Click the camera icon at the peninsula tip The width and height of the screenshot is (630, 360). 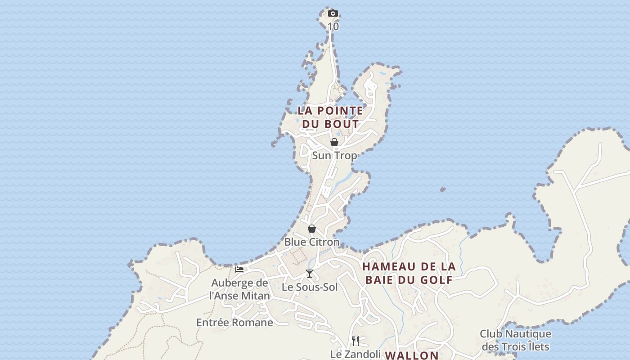pyautogui.click(x=333, y=13)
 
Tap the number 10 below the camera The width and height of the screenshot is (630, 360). pyautogui.click(x=333, y=27)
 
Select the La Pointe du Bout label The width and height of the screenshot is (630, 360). pyautogui.click(x=330, y=117)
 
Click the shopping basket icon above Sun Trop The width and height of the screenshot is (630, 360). pyautogui.click(x=334, y=142)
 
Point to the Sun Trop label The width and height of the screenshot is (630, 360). pyautogui.click(x=334, y=156)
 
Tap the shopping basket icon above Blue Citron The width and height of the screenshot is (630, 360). pyautogui.click(x=312, y=229)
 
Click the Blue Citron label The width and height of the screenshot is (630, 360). pyautogui.click(x=312, y=242)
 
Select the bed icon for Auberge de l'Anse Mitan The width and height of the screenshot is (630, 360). pyautogui.click(x=239, y=270)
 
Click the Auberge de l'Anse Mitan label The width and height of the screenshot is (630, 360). pyautogui.click(x=239, y=289)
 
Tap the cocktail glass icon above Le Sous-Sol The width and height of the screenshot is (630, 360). pyautogui.click(x=310, y=273)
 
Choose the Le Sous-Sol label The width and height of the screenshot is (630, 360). pyautogui.click(x=310, y=287)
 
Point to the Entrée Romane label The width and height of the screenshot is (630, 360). pyautogui.click(x=234, y=323)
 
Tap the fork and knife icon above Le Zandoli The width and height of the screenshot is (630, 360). pyautogui.click(x=355, y=341)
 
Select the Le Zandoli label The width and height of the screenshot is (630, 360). pyautogui.click(x=355, y=354)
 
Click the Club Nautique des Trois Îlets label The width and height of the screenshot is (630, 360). pyautogui.click(x=515, y=340)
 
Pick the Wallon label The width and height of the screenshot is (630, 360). pyautogui.click(x=412, y=355)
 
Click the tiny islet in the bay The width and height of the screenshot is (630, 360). pyautogui.click(x=443, y=189)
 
